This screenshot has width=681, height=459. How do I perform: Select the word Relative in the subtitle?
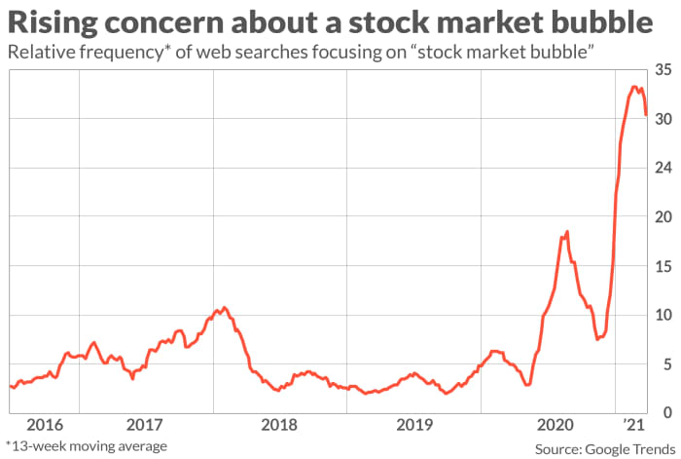click(x=41, y=52)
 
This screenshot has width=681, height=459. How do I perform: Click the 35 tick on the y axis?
click(x=663, y=71)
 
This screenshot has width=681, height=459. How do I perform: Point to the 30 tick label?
click(x=663, y=120)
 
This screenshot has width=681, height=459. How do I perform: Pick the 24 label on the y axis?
click(x=663, y=169)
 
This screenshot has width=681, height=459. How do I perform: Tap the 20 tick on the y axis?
click(x=663, y=217)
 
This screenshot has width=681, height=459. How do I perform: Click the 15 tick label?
click(x=663, y=266)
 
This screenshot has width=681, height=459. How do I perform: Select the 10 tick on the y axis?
click(x=663, y=315)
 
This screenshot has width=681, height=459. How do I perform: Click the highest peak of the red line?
click(x=634, y=87)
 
